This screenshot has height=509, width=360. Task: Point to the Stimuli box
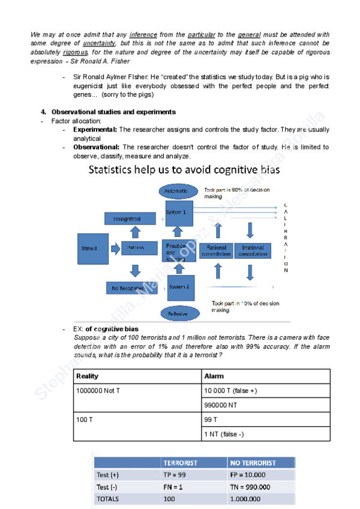click(x=93, y=247)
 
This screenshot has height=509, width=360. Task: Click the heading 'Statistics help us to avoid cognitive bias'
click(x=184, y=170)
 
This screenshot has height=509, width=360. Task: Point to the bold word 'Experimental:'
click(x=95, y=130)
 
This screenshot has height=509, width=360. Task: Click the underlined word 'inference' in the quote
click(x=143, y=34)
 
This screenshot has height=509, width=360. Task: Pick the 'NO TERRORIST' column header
click(x=260, y=463)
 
